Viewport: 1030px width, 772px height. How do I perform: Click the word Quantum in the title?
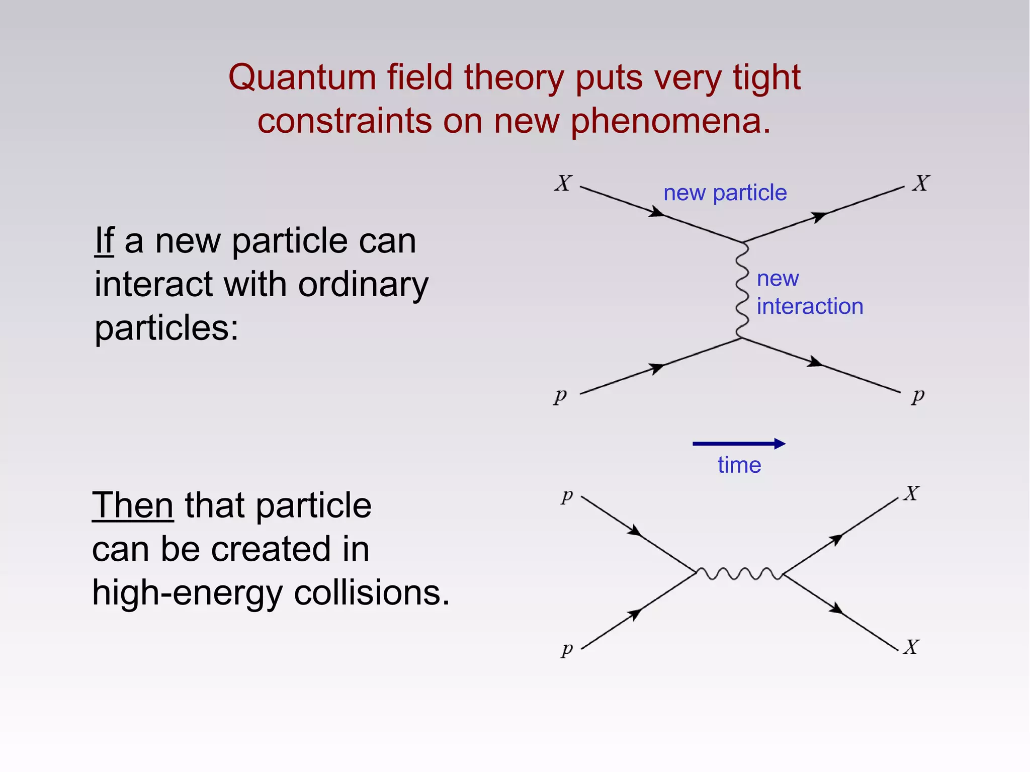(x=302, y=78)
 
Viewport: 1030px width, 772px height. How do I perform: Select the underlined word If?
(x=105, y=241)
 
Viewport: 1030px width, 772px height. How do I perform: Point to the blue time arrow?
(x=738, y=443)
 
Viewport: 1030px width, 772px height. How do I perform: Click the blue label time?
(x=739, y=465)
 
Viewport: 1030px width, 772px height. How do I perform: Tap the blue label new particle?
(x=725, y=193)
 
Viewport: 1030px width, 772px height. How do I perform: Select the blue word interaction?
(x=810, y=306)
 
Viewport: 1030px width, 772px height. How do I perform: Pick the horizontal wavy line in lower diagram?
(x=739, y=573)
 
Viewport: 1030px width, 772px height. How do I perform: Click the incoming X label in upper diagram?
(x=563, y=183)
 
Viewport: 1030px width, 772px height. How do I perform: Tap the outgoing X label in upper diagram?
(x=921, y=183)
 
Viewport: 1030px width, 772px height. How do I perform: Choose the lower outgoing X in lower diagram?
(x=911, y=647)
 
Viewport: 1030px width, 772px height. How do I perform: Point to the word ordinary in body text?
(x=363, y=285)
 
